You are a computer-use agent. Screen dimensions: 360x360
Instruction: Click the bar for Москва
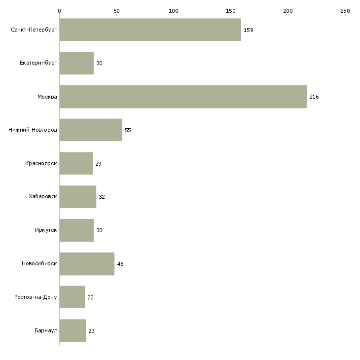click(183, 97)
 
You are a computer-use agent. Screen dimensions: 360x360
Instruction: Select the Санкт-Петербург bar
click(150, 30)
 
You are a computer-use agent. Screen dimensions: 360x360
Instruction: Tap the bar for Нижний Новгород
click(91, 130)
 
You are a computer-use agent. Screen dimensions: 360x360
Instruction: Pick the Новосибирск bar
click(87, 264)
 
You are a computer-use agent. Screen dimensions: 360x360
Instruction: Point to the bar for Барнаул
click(72, 330)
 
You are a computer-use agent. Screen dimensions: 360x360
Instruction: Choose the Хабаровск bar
click(78, 197)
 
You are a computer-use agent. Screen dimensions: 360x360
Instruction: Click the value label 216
click(314, 97)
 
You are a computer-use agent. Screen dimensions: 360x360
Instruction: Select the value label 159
click(248, 30)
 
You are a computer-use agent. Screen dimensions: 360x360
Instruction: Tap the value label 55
click(128, 130)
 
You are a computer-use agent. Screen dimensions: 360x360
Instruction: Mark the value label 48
click(120, 264)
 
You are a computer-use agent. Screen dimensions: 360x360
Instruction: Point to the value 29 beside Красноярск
click(98, 164)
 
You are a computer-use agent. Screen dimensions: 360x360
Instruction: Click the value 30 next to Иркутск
click(99, 230)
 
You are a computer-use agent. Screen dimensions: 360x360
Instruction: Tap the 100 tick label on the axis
click(173, 11)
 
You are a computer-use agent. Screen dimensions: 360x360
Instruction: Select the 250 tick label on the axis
click(345, 11)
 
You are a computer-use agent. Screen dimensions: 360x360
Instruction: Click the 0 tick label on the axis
click(59, 11)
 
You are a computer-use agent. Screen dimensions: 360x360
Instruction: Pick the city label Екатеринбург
click(38, 63)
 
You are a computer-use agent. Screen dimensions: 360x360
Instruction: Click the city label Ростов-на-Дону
click(36, 297)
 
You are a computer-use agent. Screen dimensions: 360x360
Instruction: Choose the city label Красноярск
click(41, 163)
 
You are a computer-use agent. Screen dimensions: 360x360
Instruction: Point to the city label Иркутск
click(46, 230)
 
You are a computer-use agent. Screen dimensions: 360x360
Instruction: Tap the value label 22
click(90, 297)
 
